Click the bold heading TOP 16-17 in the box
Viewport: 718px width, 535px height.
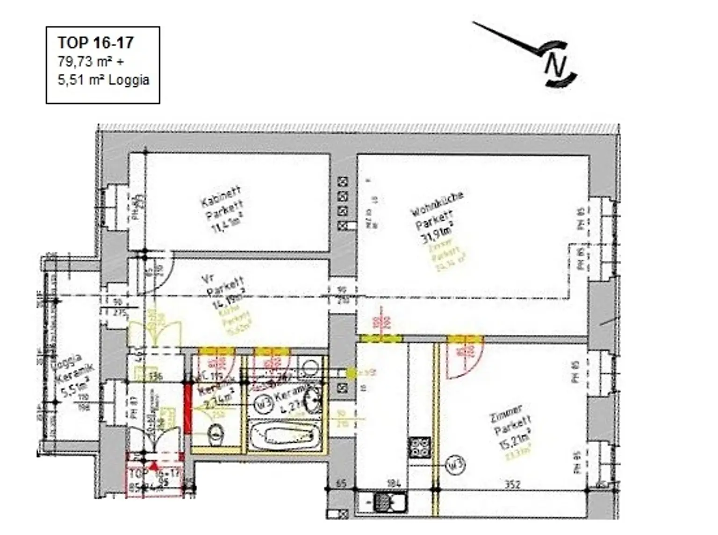96,42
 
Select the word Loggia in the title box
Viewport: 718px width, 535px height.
129,80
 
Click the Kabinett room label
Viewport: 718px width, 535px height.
221,197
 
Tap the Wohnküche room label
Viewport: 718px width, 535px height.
437,204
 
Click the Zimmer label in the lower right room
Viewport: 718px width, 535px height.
506,414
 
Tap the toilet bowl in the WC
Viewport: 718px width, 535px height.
215,434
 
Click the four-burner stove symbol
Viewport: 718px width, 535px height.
420,447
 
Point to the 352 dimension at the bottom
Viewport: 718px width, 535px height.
512,485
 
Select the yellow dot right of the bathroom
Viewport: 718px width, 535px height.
351,373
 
